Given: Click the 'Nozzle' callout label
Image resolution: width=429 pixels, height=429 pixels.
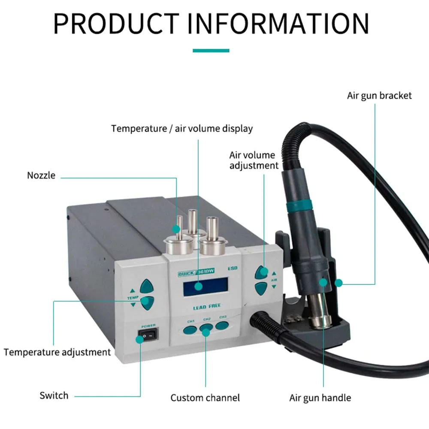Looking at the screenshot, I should pos(41,175).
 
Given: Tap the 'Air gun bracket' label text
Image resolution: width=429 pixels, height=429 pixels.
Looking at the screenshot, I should pos(379,95).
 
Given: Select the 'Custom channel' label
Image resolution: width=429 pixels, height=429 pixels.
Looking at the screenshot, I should pos(205,398).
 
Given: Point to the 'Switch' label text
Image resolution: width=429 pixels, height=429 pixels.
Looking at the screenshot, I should pos(54,395).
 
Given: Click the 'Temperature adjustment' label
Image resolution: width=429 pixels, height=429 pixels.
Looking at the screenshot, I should pos(57,352).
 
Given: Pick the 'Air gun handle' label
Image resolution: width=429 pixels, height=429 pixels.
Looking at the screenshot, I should pos(320,398).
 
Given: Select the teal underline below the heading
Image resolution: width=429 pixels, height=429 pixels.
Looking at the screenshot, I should pos(211,51).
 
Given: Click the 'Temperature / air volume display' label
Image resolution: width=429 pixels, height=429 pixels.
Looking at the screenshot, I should pos(182,128).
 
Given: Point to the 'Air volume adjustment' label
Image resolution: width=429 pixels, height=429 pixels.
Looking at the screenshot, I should pos(254,160).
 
